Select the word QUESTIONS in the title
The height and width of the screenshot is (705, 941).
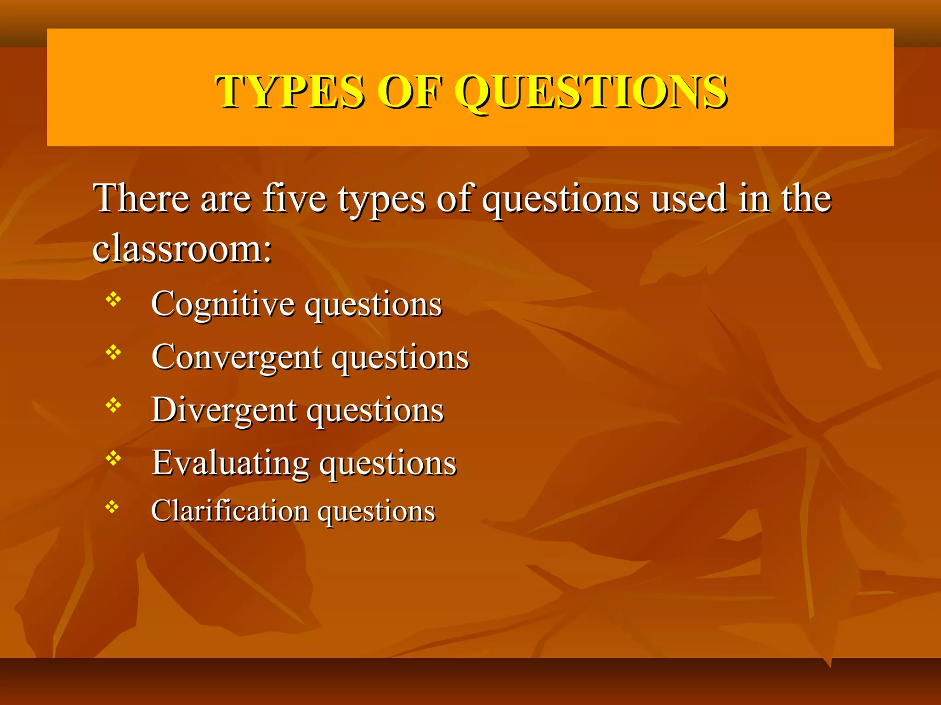click(591, 92)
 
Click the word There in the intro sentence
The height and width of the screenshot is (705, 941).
click(141, 198)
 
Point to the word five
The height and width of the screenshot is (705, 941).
click(295, 198)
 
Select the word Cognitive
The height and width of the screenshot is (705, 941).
click(223, 304)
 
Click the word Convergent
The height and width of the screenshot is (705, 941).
click(237, 357)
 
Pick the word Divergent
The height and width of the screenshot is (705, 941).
click(224, 409)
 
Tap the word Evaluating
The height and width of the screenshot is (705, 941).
click(231, 462)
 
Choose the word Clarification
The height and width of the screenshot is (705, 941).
click(230, 510)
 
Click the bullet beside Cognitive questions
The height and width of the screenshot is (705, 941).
click(113, 300)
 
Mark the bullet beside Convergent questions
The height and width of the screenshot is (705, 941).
click(113, 352)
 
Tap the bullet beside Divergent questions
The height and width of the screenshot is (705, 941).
click(113, 405)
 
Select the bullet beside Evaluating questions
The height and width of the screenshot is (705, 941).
click(113, 458)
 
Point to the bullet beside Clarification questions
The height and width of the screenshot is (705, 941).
click(112, 507)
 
